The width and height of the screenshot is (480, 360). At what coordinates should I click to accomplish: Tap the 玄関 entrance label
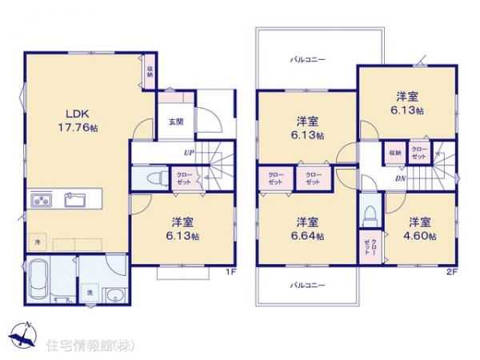(176, 122)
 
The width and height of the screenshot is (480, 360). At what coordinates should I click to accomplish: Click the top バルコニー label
(307, 59)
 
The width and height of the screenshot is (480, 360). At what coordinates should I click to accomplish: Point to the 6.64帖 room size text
(308, 237)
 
